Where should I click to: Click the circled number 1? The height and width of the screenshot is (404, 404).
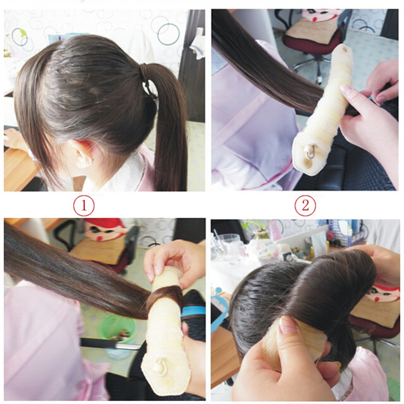point(84,206)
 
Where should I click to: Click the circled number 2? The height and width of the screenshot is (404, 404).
point(306,206)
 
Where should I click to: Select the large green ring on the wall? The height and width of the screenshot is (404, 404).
point(169,34)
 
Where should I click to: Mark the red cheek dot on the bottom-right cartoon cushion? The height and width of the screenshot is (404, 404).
point(376,299)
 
